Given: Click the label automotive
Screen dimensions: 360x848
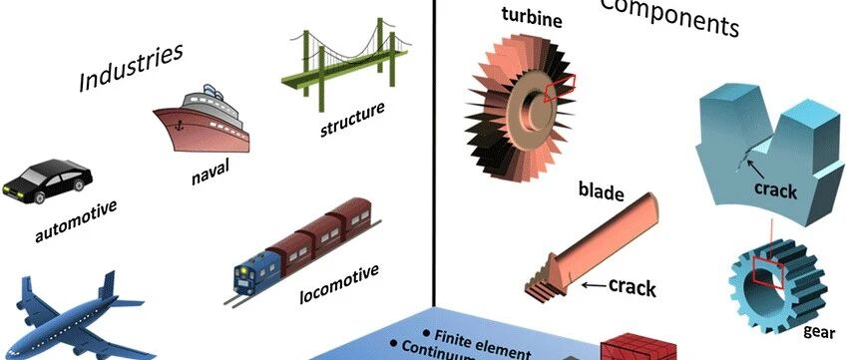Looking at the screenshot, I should [76, 222].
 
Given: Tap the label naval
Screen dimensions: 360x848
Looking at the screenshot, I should [210, 176].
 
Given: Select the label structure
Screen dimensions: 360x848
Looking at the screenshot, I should [352, 119].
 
